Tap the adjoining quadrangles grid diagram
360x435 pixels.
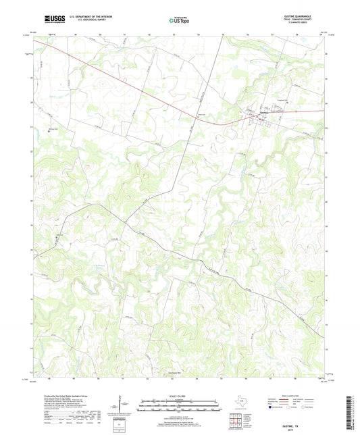pos(236,417)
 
